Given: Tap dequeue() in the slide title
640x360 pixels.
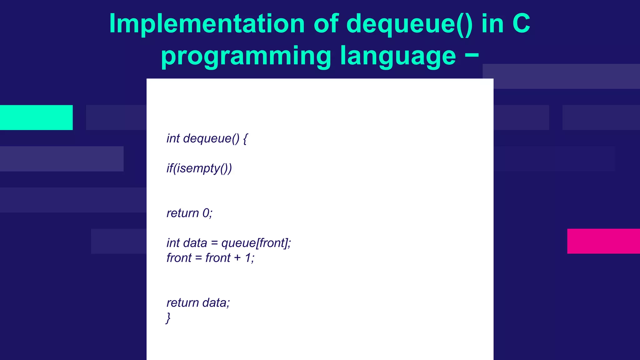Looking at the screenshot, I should click(409, 24).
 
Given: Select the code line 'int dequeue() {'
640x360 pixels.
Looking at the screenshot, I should click(207, 138).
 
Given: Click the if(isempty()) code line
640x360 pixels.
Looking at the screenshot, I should click(199, 168).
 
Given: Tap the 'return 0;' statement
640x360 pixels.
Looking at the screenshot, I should click(189, 213).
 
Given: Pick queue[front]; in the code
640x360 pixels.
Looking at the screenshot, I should click(256, 243).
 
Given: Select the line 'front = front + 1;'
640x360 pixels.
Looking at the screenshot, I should click(210, 258).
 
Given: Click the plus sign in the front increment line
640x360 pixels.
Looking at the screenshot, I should click(237, 258).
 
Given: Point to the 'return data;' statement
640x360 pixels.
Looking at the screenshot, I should click(198, 303).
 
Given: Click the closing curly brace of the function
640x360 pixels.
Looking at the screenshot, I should click(168, 318).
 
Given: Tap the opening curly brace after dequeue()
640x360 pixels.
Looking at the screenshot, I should click(245, 138).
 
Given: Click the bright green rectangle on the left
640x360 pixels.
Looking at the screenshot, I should click(36, 117).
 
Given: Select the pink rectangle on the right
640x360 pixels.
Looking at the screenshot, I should click(603, 241).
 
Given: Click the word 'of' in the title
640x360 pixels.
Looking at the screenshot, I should click(326, 24).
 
